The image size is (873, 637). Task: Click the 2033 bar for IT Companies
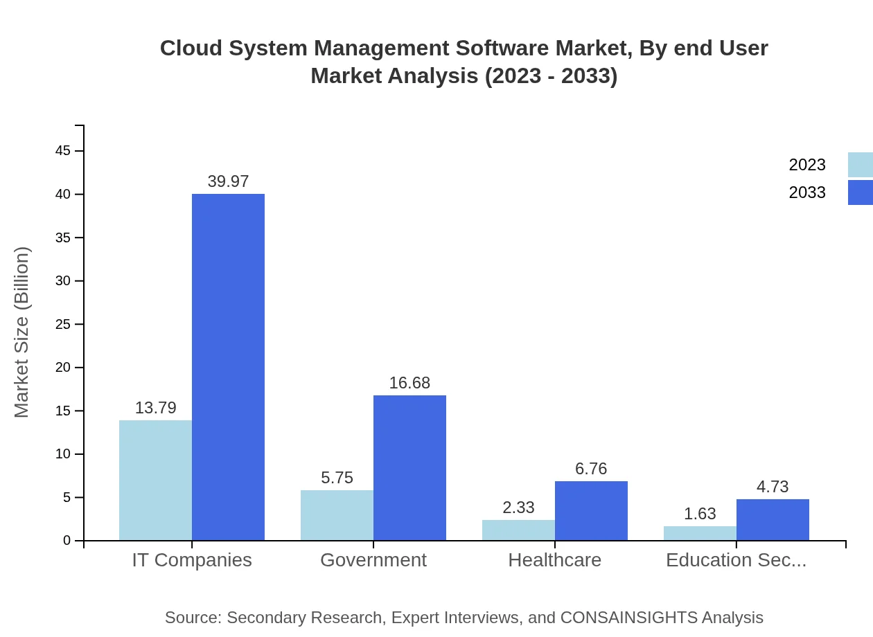tap(228, 367)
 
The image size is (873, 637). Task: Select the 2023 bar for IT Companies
tap(155, 480)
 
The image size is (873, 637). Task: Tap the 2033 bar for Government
tap(409, 467)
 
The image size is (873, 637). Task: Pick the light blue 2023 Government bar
tap(337, 515)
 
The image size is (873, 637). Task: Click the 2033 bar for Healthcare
tap(591, 510)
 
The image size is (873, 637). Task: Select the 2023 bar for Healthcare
tap(518, 530)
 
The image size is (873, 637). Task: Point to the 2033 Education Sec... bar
tap(773, 519)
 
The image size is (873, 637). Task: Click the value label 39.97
tap(228, 181)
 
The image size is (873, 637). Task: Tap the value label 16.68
tap(409, 383)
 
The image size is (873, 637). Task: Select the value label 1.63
tap(700, 514)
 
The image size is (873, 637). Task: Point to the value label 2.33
tap(518, 508)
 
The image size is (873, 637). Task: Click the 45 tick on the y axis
tap(63, 151)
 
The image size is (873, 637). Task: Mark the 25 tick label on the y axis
tap(63, 324)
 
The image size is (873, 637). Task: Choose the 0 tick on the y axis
tap(67, 540)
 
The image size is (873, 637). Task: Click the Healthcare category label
tap(554, 559)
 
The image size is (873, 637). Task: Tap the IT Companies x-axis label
tap(192, 559)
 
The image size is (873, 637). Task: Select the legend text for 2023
tap(807, 165)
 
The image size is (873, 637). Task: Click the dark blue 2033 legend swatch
tap(860, 192)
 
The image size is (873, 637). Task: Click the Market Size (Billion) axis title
tap(22, 332)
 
